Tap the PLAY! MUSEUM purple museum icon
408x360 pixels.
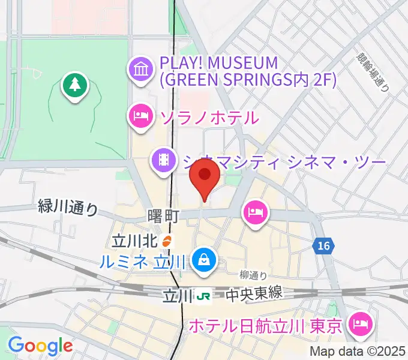[141, 70]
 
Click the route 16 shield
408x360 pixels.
[323, 245]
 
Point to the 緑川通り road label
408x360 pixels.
[67, 208]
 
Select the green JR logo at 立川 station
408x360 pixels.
[205, 295]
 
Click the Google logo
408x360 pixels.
[40, 346]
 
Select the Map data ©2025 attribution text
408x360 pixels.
[357, 352]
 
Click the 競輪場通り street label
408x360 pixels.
[372, 70]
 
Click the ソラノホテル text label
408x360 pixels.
[209, 116]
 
